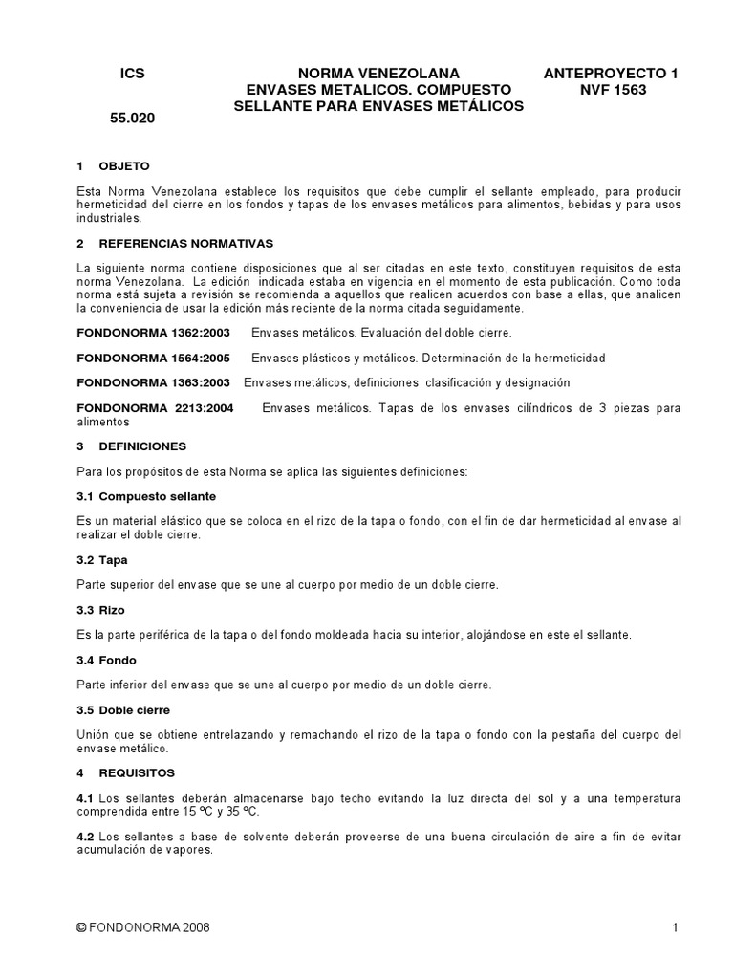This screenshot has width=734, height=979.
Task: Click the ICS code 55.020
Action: point(131,120)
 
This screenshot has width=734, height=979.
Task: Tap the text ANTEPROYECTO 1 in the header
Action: point(611,74)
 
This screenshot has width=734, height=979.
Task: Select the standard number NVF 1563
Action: point(613,90)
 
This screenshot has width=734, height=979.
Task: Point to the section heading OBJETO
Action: point(124,165)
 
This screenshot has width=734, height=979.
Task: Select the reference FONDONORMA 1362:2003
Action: point(153,333)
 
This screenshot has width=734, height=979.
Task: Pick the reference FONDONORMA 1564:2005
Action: point(153,358)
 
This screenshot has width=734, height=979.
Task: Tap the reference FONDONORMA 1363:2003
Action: point(153,382)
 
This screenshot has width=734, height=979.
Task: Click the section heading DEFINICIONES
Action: point(142,446)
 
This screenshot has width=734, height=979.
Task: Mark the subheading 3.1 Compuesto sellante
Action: point(145,496)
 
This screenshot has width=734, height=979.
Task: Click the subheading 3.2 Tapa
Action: point(101,559)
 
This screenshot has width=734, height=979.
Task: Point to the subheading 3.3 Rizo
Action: point(100,609)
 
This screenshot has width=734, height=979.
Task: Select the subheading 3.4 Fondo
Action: point(106,660)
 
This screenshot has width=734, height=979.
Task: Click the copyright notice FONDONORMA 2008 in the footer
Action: point(142,927)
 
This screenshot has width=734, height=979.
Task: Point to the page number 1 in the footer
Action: point(675,927)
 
